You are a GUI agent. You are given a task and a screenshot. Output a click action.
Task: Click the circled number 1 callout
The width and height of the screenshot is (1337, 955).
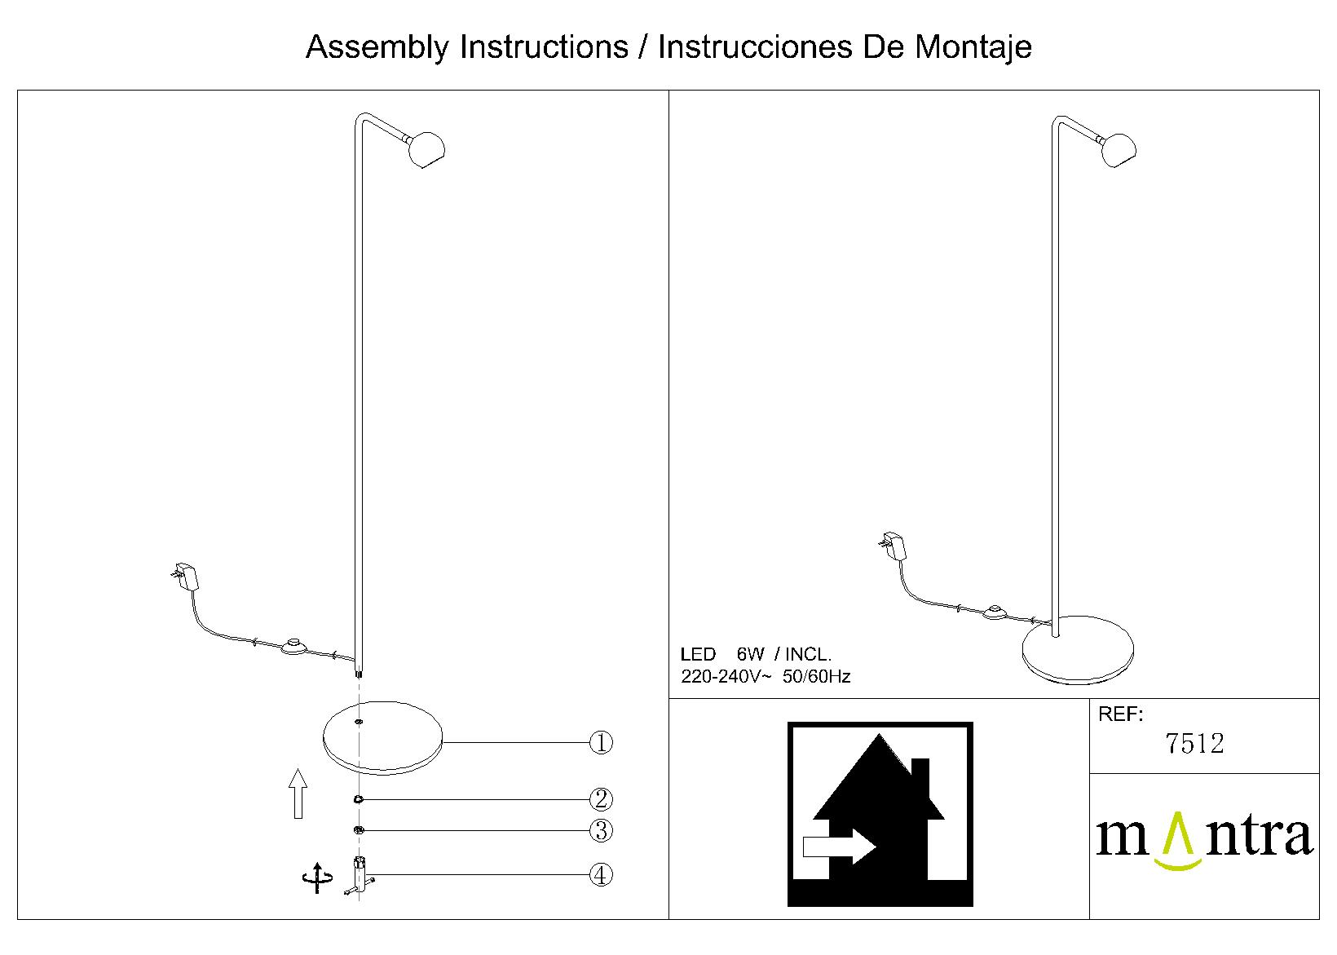point(601,743)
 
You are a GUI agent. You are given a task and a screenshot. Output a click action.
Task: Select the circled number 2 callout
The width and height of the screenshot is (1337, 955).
point(601,799)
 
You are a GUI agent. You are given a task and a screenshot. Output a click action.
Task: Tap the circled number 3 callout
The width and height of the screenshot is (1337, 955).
point(601,831)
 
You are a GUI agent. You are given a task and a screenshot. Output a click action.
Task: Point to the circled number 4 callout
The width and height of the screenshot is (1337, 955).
point(601,875)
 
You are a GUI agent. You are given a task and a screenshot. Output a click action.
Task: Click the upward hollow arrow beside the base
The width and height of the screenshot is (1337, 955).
point(298,794)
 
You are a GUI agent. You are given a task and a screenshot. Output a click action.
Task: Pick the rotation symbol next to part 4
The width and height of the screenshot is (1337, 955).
point(317,878)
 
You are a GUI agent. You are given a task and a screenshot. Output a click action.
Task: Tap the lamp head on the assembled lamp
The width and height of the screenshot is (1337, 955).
point(1118,150)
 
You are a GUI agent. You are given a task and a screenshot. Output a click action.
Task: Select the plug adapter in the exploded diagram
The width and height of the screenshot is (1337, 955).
point(185,576)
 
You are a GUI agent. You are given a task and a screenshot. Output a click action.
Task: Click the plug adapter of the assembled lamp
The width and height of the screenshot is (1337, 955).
point(893,546)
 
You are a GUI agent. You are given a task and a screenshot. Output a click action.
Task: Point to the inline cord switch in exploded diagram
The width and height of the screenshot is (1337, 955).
point(293,646)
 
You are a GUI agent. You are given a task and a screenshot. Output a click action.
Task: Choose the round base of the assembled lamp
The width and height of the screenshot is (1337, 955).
point(1078,650)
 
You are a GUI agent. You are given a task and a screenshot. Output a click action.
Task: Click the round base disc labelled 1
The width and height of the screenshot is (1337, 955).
point(382,738)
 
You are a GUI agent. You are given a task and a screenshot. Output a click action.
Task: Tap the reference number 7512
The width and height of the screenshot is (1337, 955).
point(1194,744)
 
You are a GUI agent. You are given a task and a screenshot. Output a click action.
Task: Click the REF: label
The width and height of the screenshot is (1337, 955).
point(1120,714)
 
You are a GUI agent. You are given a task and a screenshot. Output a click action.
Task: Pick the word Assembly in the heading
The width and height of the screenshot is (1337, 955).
point(377,46)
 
